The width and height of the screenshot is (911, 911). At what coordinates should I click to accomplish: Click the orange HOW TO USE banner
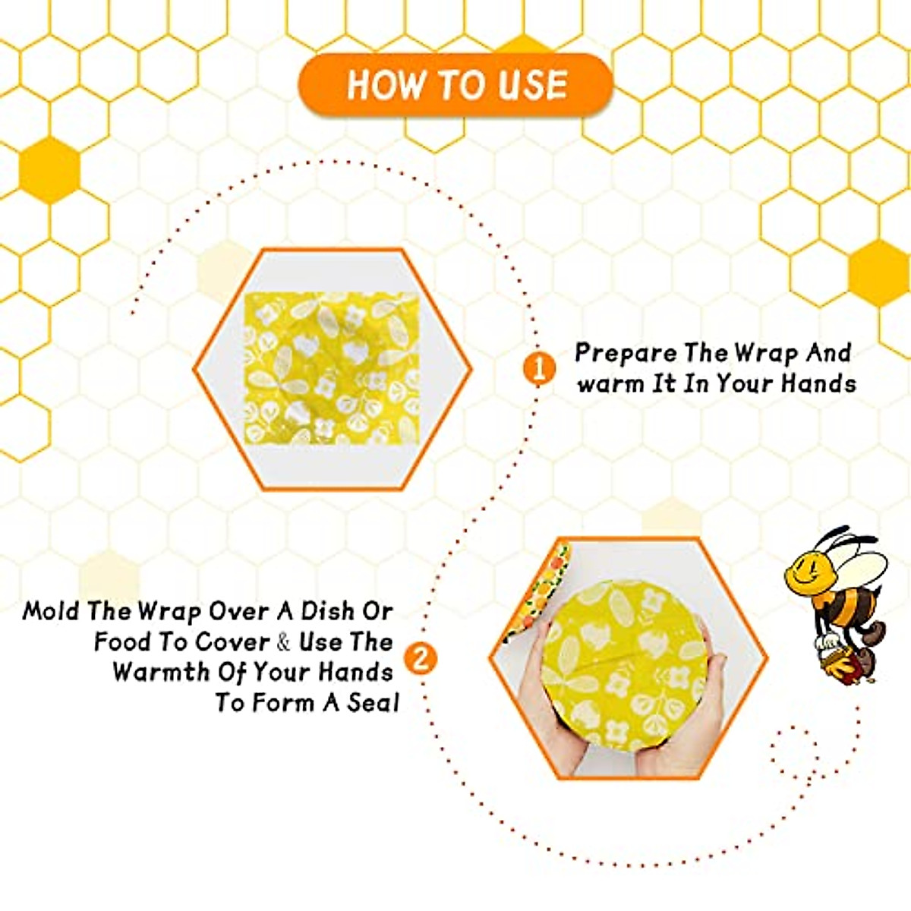click(x=455, y=84)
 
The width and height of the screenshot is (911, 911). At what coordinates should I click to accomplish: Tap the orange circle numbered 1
click(x=537, y=370)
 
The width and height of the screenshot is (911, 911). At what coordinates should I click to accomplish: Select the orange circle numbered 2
click(x=421, y=658)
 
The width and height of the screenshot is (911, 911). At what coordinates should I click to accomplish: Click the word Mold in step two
click(x=52, y=611)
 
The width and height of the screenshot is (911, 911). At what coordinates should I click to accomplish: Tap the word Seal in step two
click(x=373, y=703)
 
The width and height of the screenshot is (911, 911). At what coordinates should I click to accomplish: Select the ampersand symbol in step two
click(x=284, y=642)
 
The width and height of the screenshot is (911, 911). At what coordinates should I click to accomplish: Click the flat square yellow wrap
click(x=333, y=369)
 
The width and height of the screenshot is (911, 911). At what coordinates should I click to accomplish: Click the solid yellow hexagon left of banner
click(x=49, y=169)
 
